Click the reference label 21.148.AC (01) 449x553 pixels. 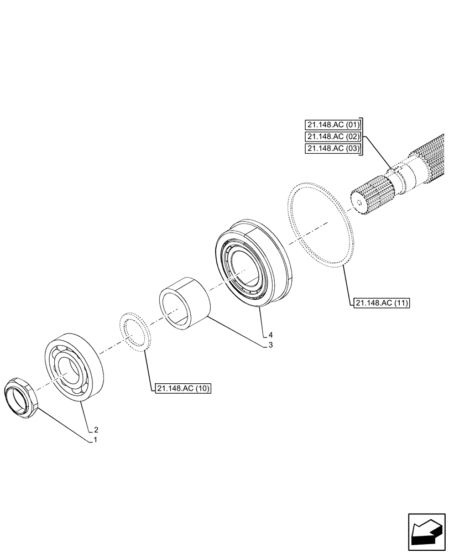coord(332,124)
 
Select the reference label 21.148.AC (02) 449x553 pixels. coord(332,137)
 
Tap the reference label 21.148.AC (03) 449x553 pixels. coord(332,149)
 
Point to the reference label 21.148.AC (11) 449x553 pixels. coord(379,303)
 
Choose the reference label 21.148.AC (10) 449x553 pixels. coord(183,388)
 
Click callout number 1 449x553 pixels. coord(95,440)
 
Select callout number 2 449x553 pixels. coord(96,429)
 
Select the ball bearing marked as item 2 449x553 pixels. coord(72,365)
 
